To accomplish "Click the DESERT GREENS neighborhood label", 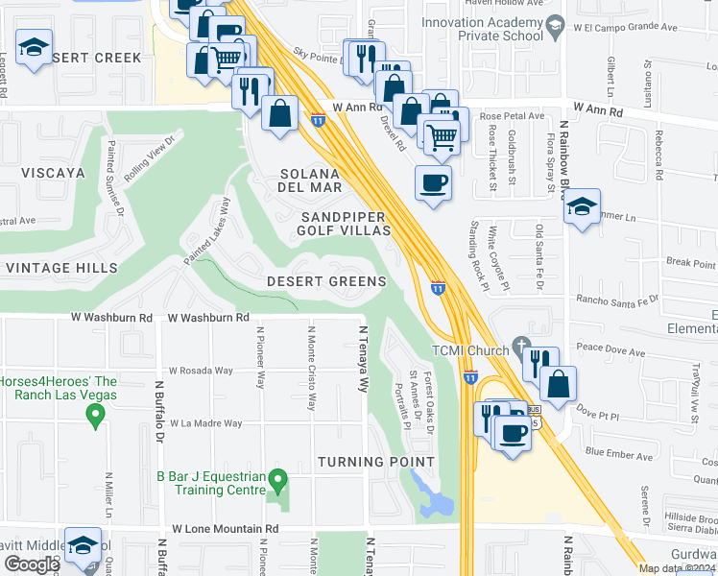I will (326, 282).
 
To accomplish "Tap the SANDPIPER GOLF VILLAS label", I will (344, 224).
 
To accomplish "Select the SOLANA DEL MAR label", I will (310, 180).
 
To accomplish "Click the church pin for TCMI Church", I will (521, 346).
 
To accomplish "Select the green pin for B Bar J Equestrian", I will (277, 477).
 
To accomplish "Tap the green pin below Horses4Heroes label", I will (94, 415).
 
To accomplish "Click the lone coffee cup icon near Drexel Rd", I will (433, 181).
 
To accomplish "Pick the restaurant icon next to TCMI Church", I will (540, 361).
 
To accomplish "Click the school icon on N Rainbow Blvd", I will (582, 206).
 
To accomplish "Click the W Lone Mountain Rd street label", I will (226, 529).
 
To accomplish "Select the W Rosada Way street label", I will (201, 371).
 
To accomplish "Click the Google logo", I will (33, 564).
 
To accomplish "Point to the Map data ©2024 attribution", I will (677, 568).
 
